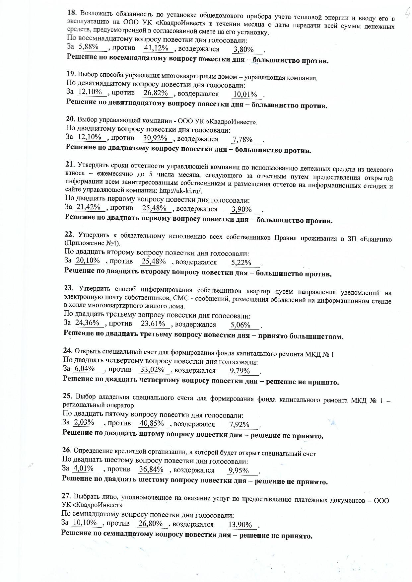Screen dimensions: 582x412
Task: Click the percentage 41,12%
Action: coord(156,48)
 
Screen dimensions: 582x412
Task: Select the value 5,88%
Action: coord(86,47)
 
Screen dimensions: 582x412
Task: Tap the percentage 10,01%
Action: coord(245,95)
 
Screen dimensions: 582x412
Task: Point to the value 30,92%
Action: coord(155,138)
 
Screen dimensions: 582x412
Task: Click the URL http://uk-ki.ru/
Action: coord(181,191)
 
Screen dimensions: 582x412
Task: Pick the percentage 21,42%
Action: coord(88,207)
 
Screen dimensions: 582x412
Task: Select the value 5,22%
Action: coord(241,263)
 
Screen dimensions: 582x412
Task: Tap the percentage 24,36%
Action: coord(87,323)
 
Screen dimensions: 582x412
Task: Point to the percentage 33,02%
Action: coord(153,370)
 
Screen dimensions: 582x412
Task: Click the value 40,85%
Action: coord(152,423)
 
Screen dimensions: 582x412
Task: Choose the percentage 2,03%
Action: coord(84,422)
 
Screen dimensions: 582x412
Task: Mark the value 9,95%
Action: coord(239,471)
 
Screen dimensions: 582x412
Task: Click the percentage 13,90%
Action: coord(240,525)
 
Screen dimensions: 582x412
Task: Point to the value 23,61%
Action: coord(153,324)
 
